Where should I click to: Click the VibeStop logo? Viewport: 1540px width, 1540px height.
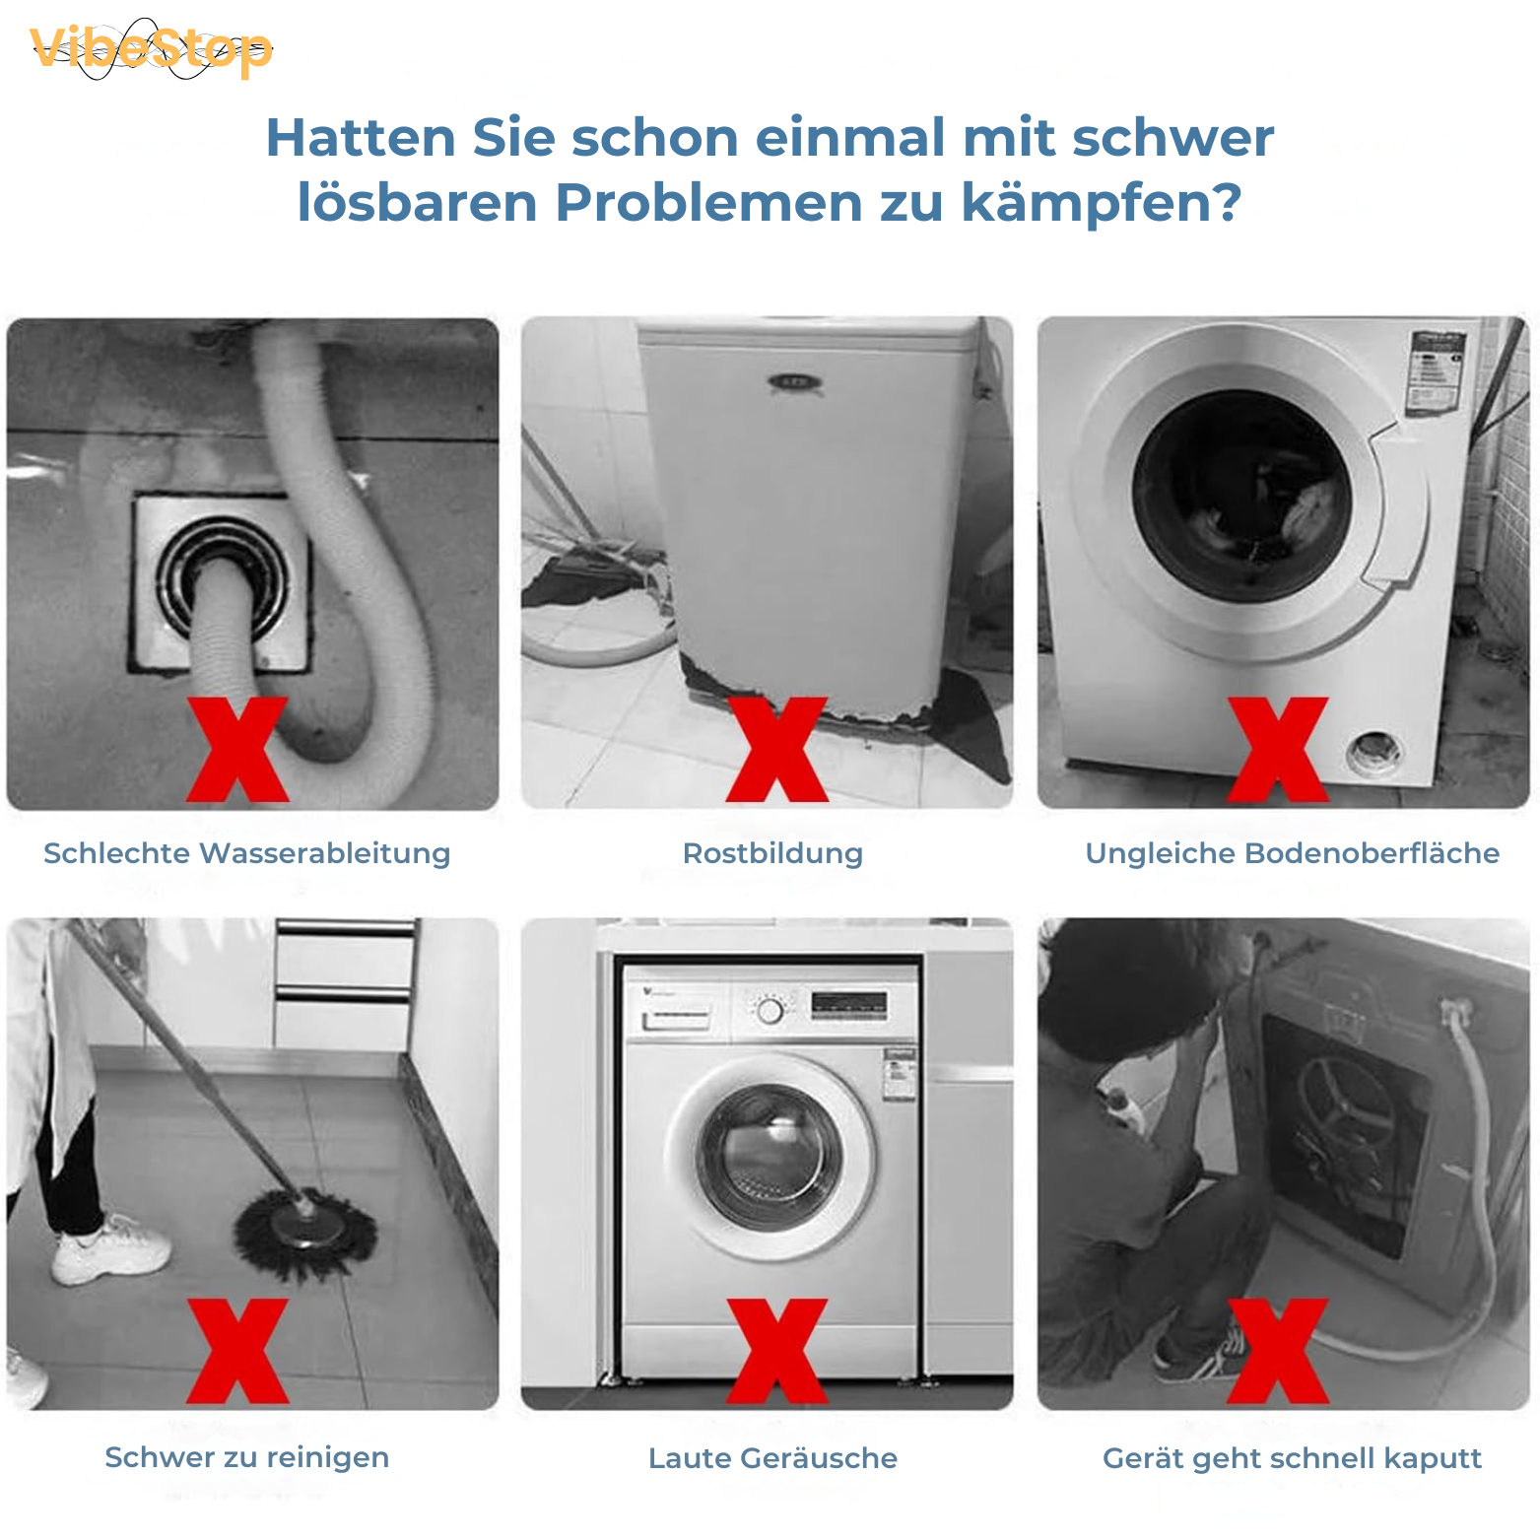pos(151,49)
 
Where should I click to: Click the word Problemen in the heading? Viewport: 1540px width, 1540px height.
pos(708,203)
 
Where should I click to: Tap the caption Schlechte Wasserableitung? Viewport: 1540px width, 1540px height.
pos(246,853)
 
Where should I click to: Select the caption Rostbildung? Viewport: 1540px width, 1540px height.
pos(772,853)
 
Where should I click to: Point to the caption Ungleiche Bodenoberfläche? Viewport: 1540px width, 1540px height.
pos(1292,853)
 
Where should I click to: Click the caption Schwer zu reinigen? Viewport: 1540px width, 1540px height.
pos(246,1457)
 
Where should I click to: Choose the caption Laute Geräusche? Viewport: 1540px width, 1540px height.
pos(772,1458)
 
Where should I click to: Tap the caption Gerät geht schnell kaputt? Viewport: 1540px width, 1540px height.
pos(1292,1458)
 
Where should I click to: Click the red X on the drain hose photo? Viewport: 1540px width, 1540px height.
pos(237,749)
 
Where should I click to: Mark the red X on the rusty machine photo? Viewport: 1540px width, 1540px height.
pos(777,749)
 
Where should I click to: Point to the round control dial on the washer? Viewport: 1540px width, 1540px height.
pos(770,1011)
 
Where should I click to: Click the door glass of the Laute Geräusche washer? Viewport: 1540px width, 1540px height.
pos(770,1157)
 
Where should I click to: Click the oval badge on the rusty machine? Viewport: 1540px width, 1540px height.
pos(794,382)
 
